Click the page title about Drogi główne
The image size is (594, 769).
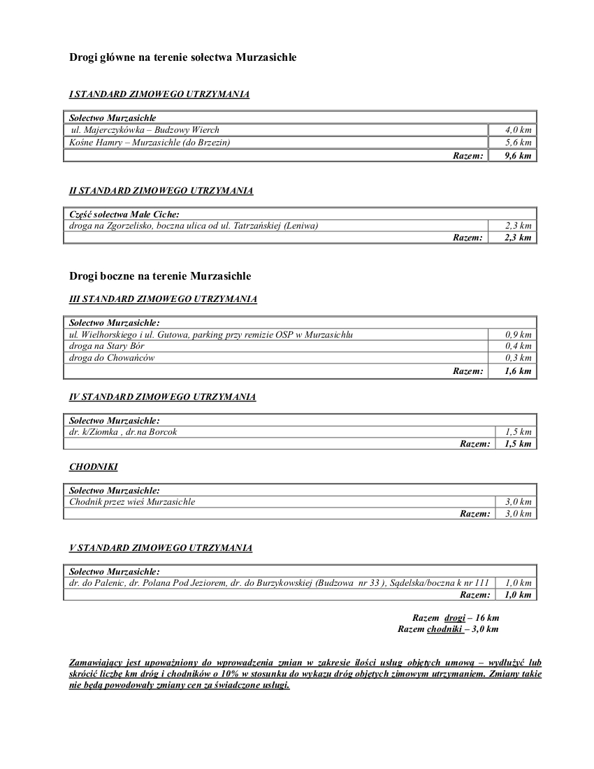182,57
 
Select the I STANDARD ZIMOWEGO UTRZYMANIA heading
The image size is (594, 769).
159,94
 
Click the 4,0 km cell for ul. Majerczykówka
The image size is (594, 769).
518,130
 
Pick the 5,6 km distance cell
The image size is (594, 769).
518,143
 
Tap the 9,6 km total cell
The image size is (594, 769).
518,155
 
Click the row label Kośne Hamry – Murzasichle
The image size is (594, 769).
150,143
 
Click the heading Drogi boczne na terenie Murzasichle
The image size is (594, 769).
160,276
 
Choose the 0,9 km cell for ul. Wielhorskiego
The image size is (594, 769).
518,334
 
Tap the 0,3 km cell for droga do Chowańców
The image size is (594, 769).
518,358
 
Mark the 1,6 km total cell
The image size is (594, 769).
518,371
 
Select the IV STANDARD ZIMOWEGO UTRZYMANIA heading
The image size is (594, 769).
162,397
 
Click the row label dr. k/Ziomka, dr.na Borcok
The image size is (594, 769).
123,432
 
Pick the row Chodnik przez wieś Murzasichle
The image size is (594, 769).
132,502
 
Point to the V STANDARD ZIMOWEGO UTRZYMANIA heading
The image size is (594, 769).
161,548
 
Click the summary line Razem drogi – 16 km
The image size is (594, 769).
456,618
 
